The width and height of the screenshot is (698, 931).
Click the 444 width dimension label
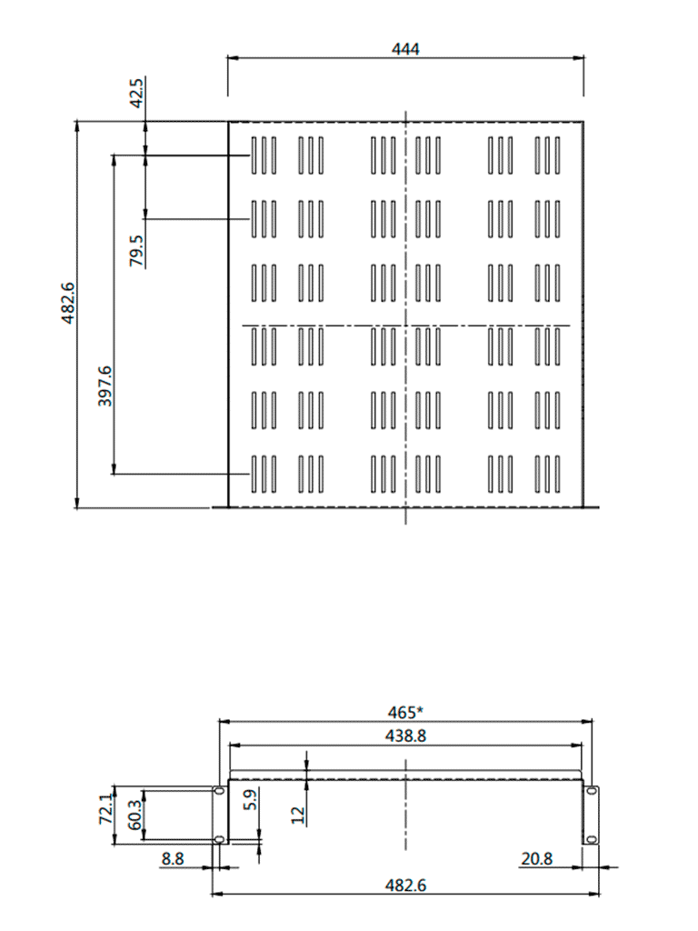point(405,49)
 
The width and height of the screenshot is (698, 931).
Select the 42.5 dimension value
point(136,94)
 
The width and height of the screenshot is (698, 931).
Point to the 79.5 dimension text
point(136,250)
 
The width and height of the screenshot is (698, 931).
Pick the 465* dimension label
point(405,711)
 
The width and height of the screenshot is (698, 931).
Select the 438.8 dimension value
point(405,736)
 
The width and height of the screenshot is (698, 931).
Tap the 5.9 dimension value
point(252,800)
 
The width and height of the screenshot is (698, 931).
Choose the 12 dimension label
point(298,814)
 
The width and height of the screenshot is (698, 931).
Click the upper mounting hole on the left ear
point(218,792)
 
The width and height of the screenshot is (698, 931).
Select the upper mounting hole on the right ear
point(592,792)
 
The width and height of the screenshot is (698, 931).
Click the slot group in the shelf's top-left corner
point(264,155)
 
